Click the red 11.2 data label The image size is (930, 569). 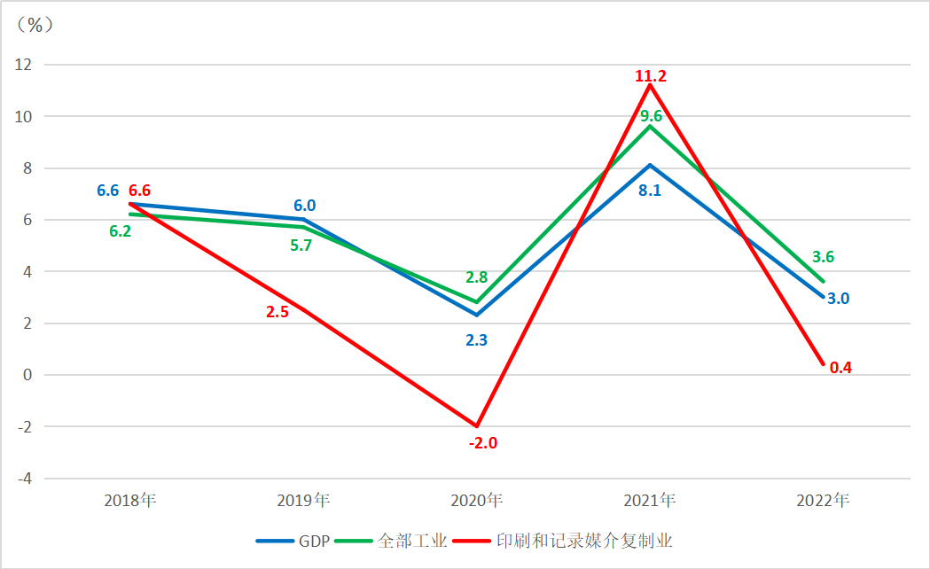point(651,76)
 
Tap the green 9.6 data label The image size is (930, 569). point(652,115)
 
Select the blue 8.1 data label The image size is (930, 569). point(650,190)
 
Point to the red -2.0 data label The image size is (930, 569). point(483,442)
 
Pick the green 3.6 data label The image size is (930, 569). point(823,257)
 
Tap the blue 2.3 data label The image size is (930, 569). point(477,339)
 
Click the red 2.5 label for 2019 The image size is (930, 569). point(277,311)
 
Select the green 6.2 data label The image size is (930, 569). point(120,230)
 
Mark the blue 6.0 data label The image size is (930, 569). point(305,206)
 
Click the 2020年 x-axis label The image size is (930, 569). point(477,501)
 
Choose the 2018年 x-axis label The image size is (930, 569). point(129,501)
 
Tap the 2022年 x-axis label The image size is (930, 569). point(824,501)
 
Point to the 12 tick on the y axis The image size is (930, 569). point(23,65)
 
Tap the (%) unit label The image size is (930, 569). point(35,25)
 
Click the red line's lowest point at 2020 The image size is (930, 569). point(477,426)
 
